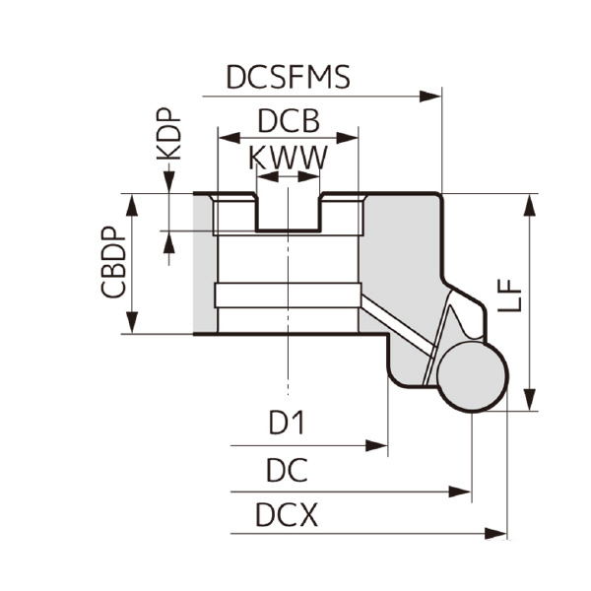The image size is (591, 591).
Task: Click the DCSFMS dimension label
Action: point(288,77)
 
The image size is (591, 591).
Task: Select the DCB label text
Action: point(288,122)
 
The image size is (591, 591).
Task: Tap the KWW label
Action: point(288,159)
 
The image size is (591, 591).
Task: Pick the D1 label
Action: point(288,424)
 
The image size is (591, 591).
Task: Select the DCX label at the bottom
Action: point(288,515)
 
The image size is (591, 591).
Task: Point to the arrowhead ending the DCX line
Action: point(497,534)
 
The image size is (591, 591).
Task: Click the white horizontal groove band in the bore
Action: point(286,295)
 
